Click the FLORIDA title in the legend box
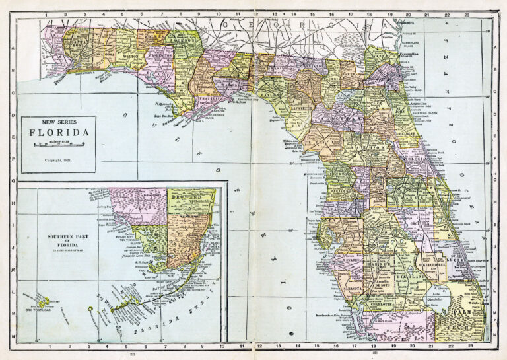point(58,132)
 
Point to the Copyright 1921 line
point(58,160)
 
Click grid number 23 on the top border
point(467,13)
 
